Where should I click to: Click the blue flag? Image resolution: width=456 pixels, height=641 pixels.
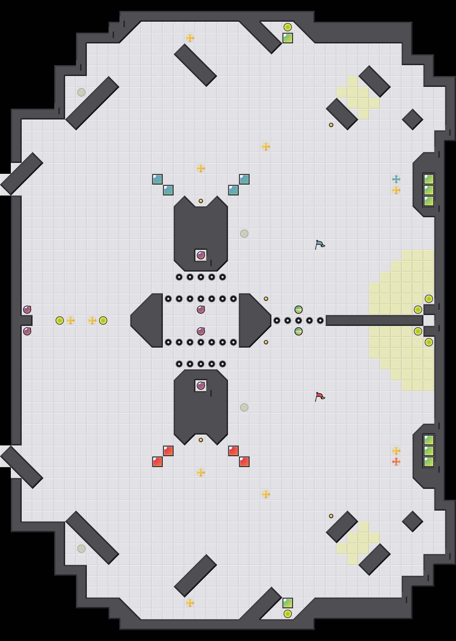pos(320,244)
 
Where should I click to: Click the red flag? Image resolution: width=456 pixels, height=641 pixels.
pos(320,396)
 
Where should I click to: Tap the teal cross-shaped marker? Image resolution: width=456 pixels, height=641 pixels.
pos(396,179)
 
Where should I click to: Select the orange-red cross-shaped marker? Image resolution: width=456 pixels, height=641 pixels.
pos(396,461)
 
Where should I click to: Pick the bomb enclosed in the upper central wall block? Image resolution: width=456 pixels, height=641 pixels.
pos(201,255)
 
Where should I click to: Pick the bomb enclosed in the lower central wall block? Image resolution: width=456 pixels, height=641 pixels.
pos(201,385)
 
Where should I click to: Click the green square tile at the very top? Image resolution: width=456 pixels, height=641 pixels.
pos(287,38)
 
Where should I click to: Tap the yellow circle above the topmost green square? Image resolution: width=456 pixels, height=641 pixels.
pos(287,27)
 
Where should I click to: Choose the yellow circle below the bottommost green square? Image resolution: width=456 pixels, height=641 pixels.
pos(287,614)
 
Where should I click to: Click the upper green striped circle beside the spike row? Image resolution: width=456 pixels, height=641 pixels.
pos(298,310)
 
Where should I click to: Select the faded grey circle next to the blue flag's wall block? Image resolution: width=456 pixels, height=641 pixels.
pos(244,233)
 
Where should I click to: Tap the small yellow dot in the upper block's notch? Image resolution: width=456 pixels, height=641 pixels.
pos(201,201)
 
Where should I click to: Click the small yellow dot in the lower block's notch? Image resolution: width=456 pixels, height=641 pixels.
pos(201,440)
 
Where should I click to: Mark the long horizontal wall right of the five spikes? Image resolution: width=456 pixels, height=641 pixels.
pos(374,320)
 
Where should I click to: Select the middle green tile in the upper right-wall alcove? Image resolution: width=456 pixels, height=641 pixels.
pos(429,190)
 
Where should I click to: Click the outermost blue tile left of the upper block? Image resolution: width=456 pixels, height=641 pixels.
pos(157,179)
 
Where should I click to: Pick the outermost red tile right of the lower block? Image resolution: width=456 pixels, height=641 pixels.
pos(244,461)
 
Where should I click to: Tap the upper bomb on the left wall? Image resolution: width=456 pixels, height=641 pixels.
pos(27,310)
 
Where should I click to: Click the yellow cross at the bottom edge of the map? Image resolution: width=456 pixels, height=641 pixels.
pos(190,603)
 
